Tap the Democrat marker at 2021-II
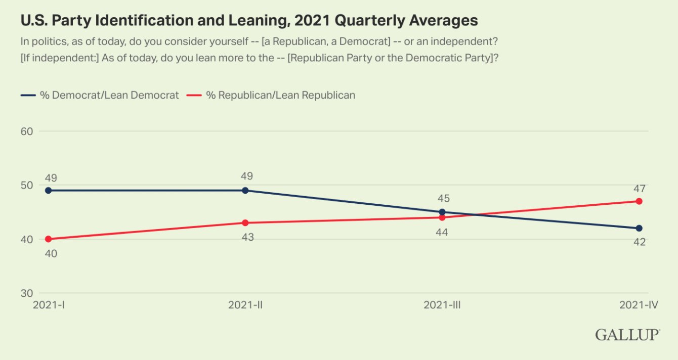245,191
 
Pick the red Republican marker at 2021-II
245,223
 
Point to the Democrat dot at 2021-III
442,212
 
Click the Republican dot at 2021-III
442,217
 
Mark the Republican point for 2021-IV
639,201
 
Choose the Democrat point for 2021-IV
639,229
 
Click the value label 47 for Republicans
639,189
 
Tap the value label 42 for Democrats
639,242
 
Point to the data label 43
247,237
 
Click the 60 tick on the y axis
26,131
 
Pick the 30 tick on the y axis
26,293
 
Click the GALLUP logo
627,335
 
